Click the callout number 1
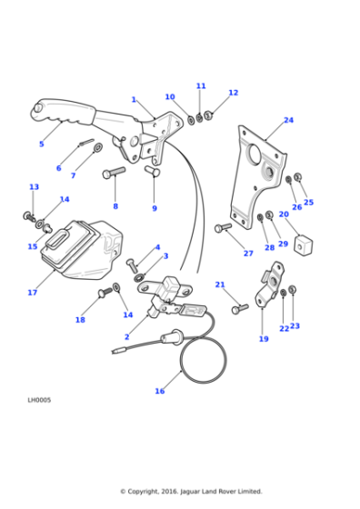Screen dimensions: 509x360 pyautogui.click(x=134, y=100)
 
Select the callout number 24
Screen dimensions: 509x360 pyautogui.click(x=288, y=120)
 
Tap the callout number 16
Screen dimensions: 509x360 pyautogui.click(x=160, y=391)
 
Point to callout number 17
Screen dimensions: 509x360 pyautogui.click(x=32, y=293)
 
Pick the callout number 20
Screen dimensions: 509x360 pyautogui.click(x=284, y=215)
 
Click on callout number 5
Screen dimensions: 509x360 pyautogui.click(x=41, y=144)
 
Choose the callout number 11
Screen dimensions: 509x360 pyautogui.click(x=201, y=86)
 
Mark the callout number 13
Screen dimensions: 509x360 pyautogui.click(x=34, y=187)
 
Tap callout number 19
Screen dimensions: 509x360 pyautogui.click(x=264, y=339)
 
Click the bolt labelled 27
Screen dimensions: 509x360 pyautogui.click(x=223, y=228)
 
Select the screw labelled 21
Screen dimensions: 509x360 pyautogui.click(x=239, y=309)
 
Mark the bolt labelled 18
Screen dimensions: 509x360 pyautogui.click(x=103, y=293)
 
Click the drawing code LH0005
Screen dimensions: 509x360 pyautogui.click(x=39, y=399)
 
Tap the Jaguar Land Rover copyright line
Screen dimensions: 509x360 pyautogui.click(x=191, y=492)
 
